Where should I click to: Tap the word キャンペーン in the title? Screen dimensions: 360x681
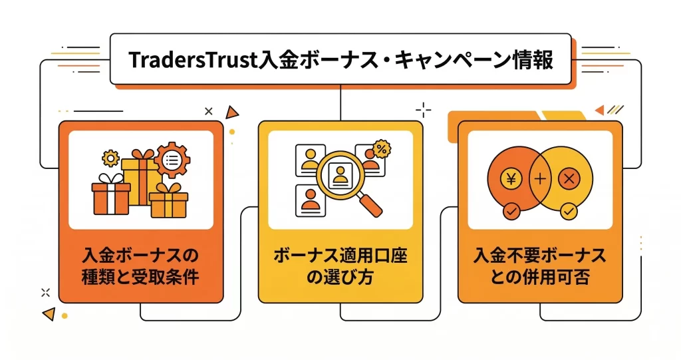(452, 60)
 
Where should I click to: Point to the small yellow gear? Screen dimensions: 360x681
(110, 158)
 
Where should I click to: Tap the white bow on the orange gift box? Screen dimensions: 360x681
(111, 179)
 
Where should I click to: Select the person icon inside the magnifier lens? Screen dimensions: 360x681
(340, 175)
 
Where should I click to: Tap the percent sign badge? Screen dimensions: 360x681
(382, 148)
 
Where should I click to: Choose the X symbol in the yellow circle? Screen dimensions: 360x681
(568, 178)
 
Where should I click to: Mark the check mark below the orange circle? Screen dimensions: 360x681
(511, 212)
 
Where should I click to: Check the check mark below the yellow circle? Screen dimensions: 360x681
(568, 212)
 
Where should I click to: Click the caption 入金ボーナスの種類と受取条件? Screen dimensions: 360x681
(141, 266)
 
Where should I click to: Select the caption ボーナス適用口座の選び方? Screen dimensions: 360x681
(340, 266)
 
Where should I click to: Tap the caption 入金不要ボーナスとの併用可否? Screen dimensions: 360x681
(539, 266)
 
